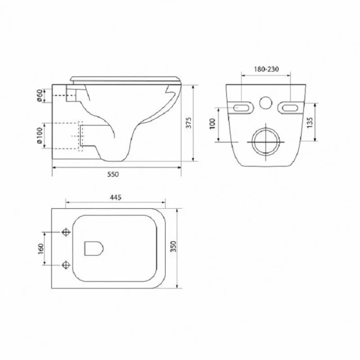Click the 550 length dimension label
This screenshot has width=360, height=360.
(x=113, y=174)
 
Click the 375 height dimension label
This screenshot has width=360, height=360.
(x=188, y=123)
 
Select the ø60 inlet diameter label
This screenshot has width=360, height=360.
(x=40, y=96)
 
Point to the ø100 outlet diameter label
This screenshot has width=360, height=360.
(x=40, y=136)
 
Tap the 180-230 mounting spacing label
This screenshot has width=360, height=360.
(x=266, y=69)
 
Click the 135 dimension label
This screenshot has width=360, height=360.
(x=310, y=122)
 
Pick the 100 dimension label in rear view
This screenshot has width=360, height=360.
(x=212, y=124)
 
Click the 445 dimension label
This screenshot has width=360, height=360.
(x=116, y=197)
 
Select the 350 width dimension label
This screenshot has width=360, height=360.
(x=173, y=247)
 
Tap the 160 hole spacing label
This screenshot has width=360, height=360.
(x=40, y=249)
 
